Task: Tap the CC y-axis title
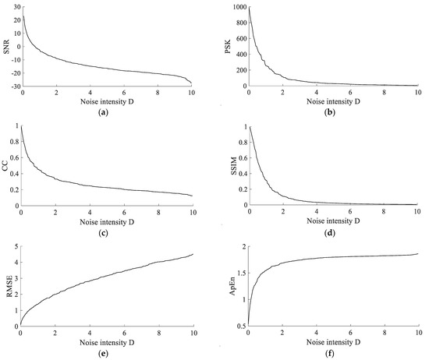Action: coord(6,165)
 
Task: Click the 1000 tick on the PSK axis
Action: coord(239,7)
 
